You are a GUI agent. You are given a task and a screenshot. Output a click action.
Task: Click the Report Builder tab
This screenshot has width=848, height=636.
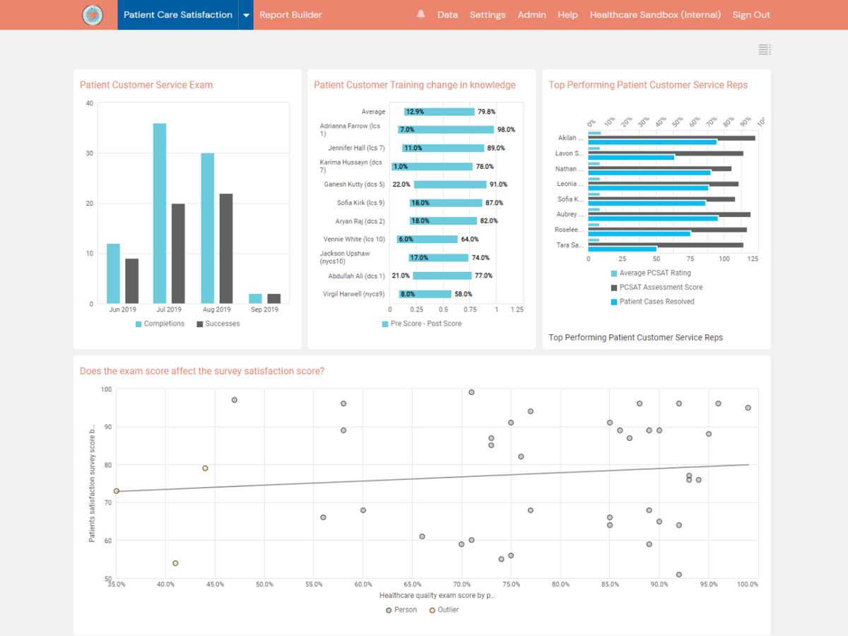point(290,15)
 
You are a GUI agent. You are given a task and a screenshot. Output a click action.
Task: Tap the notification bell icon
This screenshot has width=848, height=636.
point(421,15)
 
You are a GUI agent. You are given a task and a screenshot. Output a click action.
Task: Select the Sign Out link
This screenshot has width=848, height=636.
point(751,15)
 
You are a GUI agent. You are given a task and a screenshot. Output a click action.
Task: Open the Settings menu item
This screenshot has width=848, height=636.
point(488,15)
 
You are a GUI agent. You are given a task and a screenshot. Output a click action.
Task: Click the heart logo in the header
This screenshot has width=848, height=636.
point(93,15)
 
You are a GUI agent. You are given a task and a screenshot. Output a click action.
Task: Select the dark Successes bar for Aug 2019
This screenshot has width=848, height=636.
point(226,248)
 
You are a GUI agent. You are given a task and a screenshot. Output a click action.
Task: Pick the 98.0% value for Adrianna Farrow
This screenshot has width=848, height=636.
point(506,130)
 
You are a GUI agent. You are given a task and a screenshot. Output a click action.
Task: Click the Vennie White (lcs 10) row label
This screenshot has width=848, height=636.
point(354,240)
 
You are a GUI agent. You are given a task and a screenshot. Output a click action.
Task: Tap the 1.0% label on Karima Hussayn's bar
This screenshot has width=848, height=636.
point(401,167)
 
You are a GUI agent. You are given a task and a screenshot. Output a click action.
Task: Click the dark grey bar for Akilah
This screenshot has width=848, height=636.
point(671,138)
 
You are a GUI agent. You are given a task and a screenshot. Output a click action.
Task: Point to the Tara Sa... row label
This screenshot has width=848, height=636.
point(569,245)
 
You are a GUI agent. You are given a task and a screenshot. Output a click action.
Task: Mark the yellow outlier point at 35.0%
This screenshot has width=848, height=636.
point(117,491)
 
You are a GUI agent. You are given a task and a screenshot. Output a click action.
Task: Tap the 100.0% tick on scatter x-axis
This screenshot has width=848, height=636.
point(748,584)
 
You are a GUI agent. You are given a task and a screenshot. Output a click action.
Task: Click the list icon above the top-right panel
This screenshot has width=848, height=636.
point(764,49)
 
